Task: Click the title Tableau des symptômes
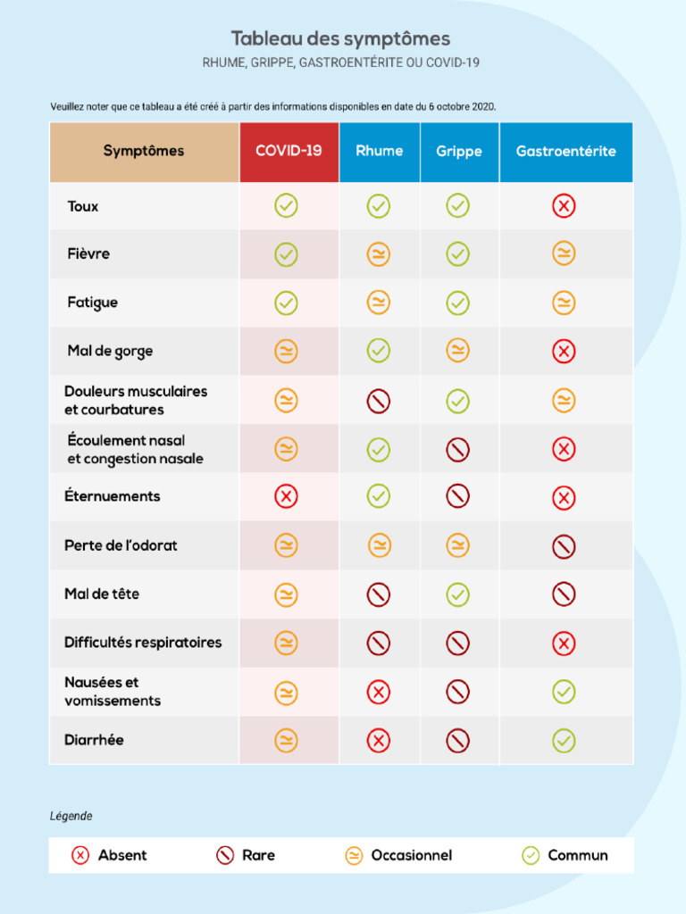pos(340,38)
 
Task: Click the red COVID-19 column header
pos(289,151)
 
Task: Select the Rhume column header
pos(379,151)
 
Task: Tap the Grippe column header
pos(458,152)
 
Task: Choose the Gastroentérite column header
pos(565,152)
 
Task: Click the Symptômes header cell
pos(144,151)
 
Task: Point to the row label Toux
pos(83,206)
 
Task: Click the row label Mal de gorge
pos(110,351)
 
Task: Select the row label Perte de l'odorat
pos(121,545)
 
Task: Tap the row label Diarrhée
pos(94,740)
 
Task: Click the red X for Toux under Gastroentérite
pos(564,206)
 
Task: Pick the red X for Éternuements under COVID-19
pos(286,496)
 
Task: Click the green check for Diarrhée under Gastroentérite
pos(564,740)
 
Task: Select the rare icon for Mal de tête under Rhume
pos(379,594)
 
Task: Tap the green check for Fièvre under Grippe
pos(457,254)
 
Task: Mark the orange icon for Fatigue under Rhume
pos(379,303)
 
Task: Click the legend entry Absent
pos(109,855)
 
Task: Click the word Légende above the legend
pos(71,816)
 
